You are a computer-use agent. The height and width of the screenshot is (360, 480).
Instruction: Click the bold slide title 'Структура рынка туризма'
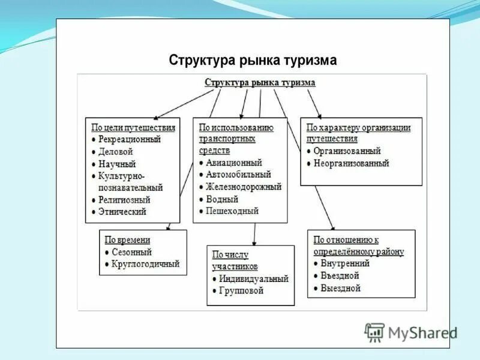coord(253,61)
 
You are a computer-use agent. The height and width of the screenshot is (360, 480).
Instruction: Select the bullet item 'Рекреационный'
coord(130,139)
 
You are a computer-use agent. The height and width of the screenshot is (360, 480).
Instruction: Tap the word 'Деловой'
coord(115,152)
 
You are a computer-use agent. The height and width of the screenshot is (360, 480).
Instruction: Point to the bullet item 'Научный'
coord(117,164)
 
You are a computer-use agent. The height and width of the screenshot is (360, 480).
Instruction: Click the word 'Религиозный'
coord(124,200)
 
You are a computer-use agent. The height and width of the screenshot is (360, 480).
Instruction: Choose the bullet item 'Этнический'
coord(122,212)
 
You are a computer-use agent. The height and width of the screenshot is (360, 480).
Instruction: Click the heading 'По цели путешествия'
coord(133,127)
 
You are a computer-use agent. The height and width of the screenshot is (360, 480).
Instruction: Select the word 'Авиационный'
coord(234,163)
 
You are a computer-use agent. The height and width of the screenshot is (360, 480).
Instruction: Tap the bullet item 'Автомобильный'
coord(238,175)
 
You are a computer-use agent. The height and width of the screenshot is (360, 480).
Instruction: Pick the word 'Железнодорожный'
coord(243,187)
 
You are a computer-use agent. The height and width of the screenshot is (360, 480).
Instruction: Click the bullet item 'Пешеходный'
coord(232,211)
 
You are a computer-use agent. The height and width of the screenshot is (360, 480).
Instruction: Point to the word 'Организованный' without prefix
coord(347,151)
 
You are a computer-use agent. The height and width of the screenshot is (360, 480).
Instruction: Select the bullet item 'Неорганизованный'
coord(351,163)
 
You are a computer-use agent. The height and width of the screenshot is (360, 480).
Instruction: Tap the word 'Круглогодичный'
coord(145,264)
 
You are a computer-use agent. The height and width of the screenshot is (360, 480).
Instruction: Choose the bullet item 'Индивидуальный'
coord(253,279)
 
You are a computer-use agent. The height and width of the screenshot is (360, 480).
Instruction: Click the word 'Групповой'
coord(241,291)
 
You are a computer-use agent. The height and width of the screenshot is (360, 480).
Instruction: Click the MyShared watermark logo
coord(412,332)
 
